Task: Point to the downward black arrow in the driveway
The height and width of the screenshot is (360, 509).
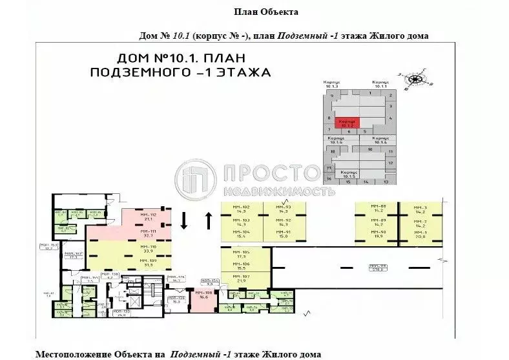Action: pos(184,221)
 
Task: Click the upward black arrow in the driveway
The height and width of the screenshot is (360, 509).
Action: pos(209,221)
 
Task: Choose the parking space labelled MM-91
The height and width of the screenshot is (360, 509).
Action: pos(283,235)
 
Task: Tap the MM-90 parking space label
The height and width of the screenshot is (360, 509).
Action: pos(379,235)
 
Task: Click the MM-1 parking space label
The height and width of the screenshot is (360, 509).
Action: pos(421,235)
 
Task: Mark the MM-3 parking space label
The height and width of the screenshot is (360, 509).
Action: pos(421,208)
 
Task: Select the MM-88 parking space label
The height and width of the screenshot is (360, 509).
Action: pos(379,208)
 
